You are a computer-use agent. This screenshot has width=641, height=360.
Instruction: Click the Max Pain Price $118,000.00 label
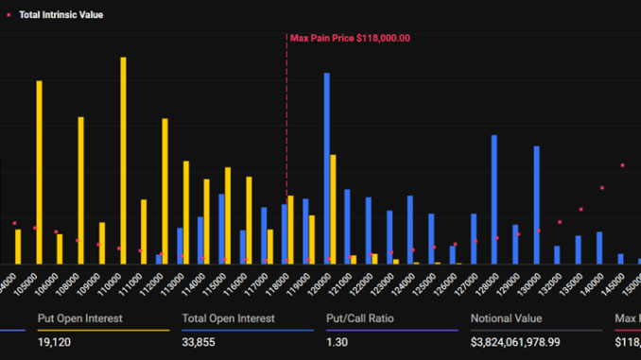[x=350, y=38]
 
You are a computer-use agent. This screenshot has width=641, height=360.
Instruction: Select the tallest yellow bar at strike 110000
[x=123, y=161]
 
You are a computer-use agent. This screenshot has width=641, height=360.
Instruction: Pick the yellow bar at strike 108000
[x=81, y=190]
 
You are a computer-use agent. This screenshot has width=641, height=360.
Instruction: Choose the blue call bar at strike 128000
[x=494, y=199]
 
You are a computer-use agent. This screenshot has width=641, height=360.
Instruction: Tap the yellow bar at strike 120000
[x=333, y=209]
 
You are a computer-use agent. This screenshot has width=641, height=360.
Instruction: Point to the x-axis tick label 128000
[x=487, y=283]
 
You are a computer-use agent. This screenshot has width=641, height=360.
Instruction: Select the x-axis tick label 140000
[x=592, y=283]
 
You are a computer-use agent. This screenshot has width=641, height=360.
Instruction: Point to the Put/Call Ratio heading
[x=357, y=318]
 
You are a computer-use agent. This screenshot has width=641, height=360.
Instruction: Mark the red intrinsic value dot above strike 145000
[x=622, y=165]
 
